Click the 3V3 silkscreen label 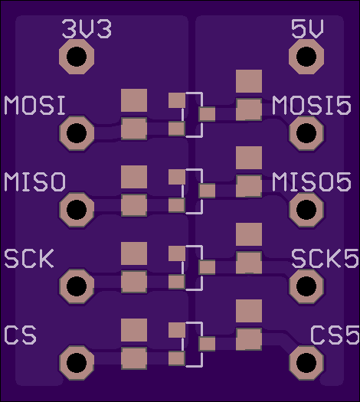pos(87,29)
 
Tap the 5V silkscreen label pos(307,29)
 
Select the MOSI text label pos(34,106)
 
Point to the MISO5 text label pos(312,181)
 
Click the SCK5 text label pos(325,259)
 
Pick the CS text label pos(20,335)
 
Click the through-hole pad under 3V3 pos(77,57)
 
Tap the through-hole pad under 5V pos(306,57)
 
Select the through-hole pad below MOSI pos(77,133)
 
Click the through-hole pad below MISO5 pos(306,210)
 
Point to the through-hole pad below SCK pos(77,286)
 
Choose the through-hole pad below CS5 pos(306,363)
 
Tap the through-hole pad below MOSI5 pos(306,133)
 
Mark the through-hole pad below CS pos(77,363)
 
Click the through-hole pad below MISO pos(77,210)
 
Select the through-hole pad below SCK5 pos(306,286)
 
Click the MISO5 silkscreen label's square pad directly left pos(249,186)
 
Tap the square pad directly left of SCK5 pos(249,263)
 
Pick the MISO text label pos(35,181)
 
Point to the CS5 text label pos(335,335)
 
